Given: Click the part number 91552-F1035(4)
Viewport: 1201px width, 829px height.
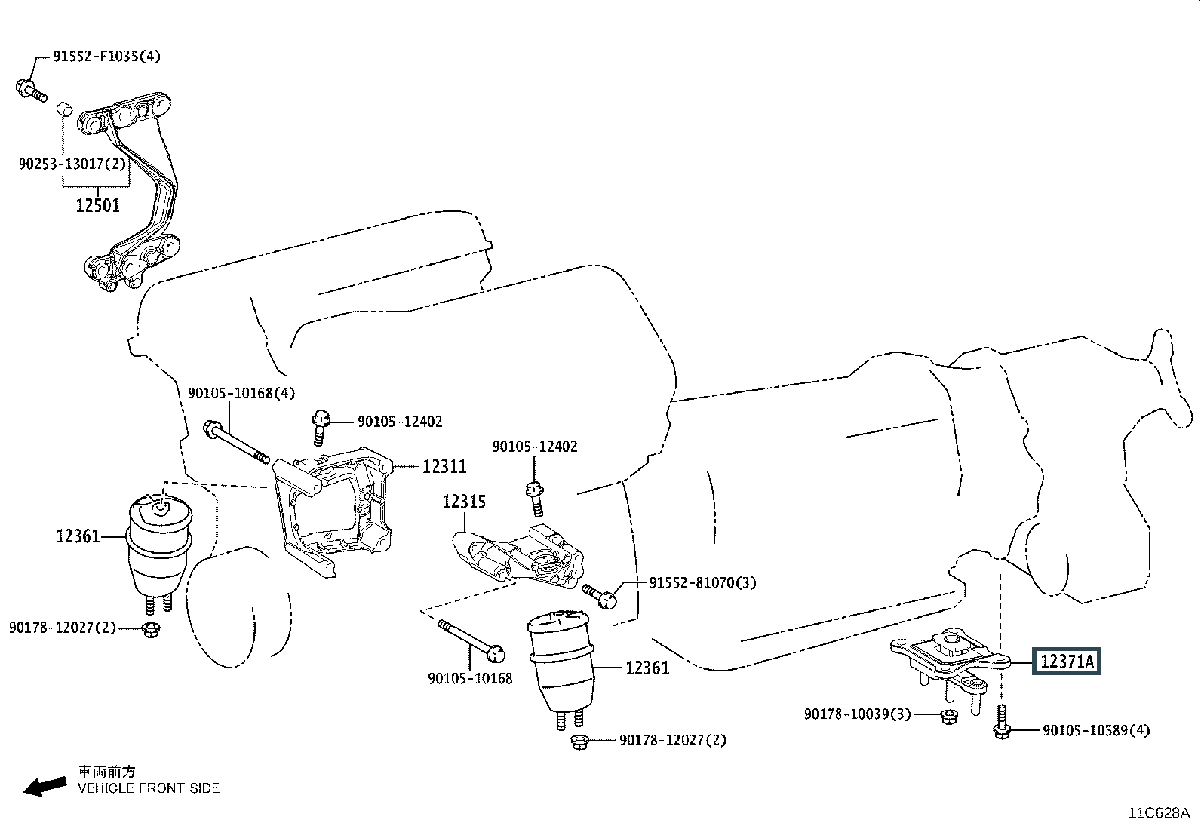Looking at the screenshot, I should pos(106,57).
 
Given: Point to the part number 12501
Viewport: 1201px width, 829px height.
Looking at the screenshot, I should pos(97,204).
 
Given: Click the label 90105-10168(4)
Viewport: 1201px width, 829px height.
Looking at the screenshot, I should pos(241,393).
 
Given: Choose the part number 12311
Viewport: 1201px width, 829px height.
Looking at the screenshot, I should pos(444,467).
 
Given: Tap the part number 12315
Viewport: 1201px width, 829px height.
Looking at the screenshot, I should pos(464,502).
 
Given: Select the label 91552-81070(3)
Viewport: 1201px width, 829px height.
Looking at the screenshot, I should pos(702,583).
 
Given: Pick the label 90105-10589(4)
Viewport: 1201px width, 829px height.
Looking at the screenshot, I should pos(1096,730).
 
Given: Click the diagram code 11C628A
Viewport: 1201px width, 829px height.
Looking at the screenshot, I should pos(1158,812).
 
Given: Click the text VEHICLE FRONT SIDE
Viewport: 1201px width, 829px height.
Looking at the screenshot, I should pos(149,788).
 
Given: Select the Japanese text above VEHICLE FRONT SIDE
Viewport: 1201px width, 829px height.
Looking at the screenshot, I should pos(107,772).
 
